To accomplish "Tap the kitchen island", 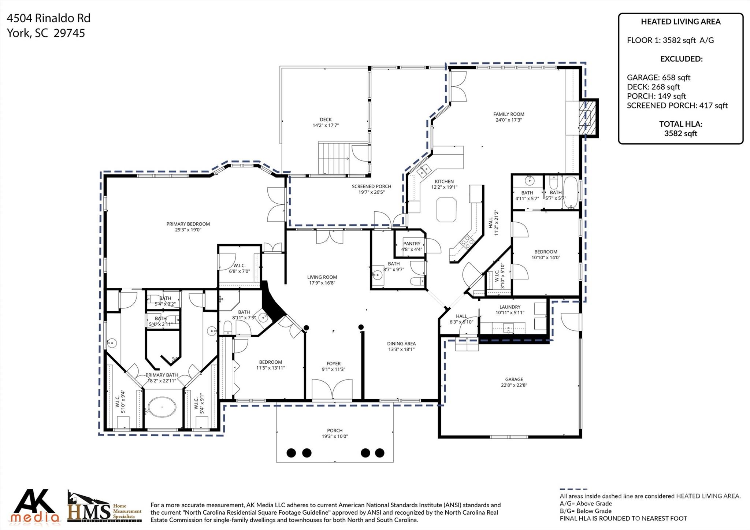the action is tap(446, 210).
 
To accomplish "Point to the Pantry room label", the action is tap(412, 244).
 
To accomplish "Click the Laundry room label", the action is tap(510, 307).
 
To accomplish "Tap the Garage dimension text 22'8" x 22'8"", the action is tap(514, 385).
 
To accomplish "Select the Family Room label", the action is tap(509, 114).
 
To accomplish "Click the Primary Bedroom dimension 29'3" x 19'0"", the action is tap(188, 230).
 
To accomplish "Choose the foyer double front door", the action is tap(332, 389).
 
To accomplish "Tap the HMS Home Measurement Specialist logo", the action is tap(105, 507).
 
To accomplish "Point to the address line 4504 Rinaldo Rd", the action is tap(49, 18).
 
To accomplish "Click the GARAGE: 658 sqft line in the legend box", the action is tap(658, 77).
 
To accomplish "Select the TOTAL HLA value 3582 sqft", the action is tap(680, 133).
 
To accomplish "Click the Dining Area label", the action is tap(401, 344).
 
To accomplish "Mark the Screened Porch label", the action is tap(371, 186).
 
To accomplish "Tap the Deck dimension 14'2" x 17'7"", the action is tap(326, 125).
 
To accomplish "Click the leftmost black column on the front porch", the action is tap(291, 453).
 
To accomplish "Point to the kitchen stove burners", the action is tap(467, 241).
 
